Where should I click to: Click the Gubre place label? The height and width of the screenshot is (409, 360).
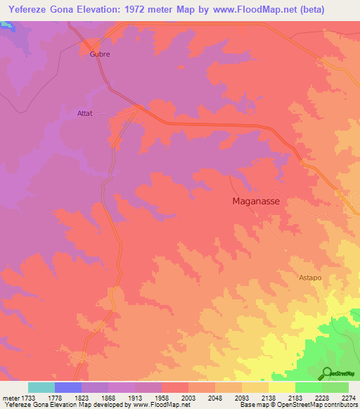coord(100,54)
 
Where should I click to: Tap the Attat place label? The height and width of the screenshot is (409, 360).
coord(85,112)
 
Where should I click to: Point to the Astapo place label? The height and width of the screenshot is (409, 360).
coord(307,278)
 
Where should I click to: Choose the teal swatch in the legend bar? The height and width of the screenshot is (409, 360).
coord(41,387)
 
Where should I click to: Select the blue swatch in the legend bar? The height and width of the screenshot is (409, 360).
coord(67,387)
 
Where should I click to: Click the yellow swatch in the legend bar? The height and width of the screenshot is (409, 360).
coord(281,387)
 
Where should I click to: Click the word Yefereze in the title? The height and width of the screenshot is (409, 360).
coord(26,9)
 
